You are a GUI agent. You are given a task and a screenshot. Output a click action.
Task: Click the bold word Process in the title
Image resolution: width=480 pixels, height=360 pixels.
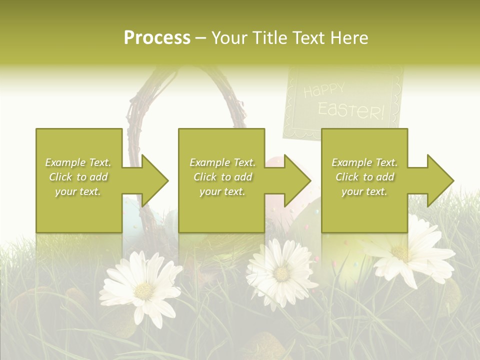[157, 38]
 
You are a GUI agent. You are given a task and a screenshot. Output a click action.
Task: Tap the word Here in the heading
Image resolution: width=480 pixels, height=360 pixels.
[349, 38]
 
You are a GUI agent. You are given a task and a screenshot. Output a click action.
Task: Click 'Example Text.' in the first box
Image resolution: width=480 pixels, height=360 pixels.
[78, 162]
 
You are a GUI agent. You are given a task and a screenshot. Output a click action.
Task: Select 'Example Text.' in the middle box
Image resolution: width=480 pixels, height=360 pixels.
[222, 162]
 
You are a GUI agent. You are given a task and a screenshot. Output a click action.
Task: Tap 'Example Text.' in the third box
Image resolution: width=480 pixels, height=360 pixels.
[364, 162]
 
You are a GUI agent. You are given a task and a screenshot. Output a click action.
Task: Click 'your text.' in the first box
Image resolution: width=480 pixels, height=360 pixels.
[78, 191]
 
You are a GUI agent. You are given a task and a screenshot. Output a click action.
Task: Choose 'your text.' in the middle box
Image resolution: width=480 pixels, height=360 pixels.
[222, 191]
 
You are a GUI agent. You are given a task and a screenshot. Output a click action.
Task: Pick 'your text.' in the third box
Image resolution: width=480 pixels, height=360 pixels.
[364, 191]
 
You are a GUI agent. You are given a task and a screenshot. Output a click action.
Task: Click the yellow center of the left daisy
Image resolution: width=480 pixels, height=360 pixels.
[144, 289]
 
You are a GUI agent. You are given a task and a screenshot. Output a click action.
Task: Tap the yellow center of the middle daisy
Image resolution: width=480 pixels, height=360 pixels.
[282, 273]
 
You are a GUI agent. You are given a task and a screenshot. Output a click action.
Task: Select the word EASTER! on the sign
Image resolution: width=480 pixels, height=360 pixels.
[351, 110]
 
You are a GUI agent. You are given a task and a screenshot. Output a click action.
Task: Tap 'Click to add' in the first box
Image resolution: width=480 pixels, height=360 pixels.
[78, 177]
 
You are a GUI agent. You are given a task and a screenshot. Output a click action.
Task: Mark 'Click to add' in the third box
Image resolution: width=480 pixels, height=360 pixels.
[364, 177]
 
